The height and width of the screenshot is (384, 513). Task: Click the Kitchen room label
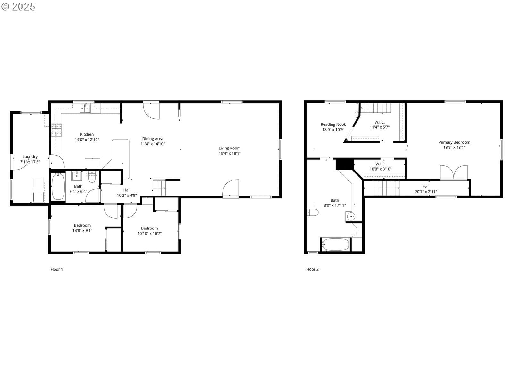[87, 134]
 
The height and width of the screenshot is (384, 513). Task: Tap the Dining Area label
[153, 139]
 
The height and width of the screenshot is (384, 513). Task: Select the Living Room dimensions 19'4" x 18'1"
[230, 153]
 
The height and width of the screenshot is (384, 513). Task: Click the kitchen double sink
[85, 108]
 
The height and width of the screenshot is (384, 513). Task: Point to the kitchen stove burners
[56, 130]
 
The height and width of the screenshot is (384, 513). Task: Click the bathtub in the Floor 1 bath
[58, 187]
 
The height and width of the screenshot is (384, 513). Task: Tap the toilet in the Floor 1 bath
[92, 177]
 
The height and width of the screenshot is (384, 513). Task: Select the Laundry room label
[30, 157]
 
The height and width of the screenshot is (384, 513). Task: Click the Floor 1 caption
[57, 269]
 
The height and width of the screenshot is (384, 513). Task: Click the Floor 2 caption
[312, 269]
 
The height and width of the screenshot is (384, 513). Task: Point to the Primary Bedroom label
[454, 142]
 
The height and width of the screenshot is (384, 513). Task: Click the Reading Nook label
[333, 124]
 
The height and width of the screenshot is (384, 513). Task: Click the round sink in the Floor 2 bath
[351, 217]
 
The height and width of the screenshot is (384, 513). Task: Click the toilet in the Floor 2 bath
[313, 212]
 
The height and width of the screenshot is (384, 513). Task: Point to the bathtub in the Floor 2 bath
[335, 244]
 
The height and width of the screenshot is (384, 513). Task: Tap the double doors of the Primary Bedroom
[454, 172]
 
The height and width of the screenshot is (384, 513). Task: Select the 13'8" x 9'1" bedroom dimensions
[82, 231]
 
